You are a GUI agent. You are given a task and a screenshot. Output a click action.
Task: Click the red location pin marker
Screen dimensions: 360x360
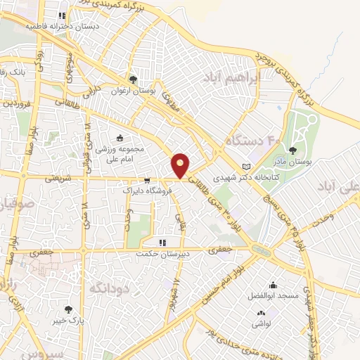coord(181,165)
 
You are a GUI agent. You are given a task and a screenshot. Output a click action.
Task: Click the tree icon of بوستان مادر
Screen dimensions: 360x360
coord(292,150)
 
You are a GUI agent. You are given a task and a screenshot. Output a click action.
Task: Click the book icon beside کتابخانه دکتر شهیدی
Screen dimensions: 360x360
coord(245,167)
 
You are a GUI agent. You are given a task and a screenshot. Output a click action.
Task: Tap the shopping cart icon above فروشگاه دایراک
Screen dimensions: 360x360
coord(146,179)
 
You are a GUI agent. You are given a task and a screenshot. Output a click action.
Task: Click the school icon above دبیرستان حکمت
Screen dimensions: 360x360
coord(162,243)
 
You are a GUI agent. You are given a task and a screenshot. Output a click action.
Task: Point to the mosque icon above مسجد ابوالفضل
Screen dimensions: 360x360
coord(273,285)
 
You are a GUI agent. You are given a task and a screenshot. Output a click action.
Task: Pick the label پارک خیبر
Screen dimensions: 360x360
coord(68,320)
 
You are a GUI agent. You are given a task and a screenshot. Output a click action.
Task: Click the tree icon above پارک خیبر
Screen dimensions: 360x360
coord(68,309)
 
